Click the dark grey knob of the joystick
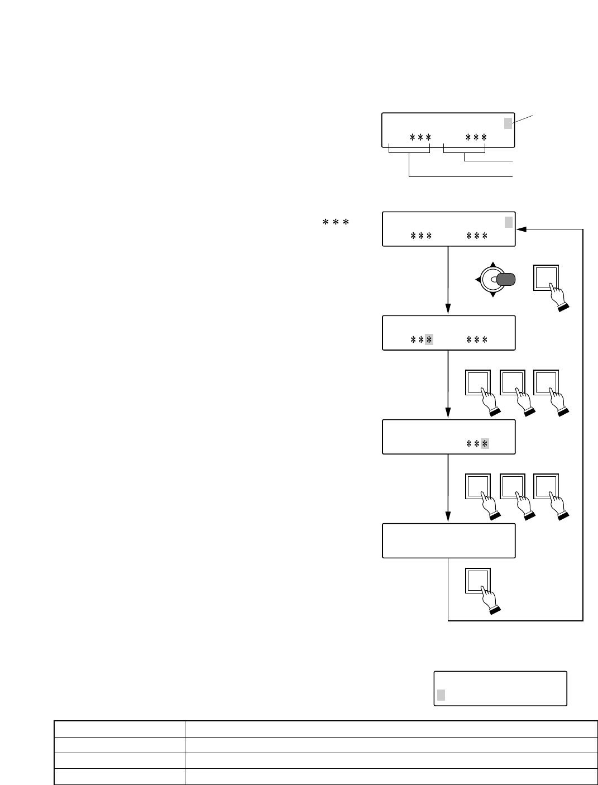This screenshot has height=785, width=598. click(x=506, y=279)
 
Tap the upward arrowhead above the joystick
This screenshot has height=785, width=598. click(x=493, y=264)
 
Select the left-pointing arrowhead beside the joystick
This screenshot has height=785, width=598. click(x=478, y=279)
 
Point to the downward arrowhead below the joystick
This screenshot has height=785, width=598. click(x=493, y=295)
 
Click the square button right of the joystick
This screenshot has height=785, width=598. click(x=546, y=277)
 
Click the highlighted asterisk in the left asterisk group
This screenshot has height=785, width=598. click(x=429, y=339)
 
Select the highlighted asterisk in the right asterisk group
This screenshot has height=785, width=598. click(x=485, y=443)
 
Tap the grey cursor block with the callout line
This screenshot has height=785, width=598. click(x=508, y=123)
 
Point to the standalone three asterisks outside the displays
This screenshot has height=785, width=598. click(x=336, y=222)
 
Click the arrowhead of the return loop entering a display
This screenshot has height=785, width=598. click(x=521, y=229)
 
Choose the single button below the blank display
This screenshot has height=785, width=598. click(x=478, y=581)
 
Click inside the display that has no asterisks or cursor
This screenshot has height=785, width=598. click(x=449, y=540)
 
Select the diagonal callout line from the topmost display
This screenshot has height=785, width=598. click(x=523, y=119)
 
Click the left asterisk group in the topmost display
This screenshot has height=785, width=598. click(x=420, y=137)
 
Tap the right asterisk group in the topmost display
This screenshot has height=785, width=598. click(x=476, y=137)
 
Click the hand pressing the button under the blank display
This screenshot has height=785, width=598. click(x=491, y=600)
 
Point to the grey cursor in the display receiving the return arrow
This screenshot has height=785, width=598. click(x=509, y=222)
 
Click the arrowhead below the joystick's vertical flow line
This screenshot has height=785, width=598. click(x=448, y=309)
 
